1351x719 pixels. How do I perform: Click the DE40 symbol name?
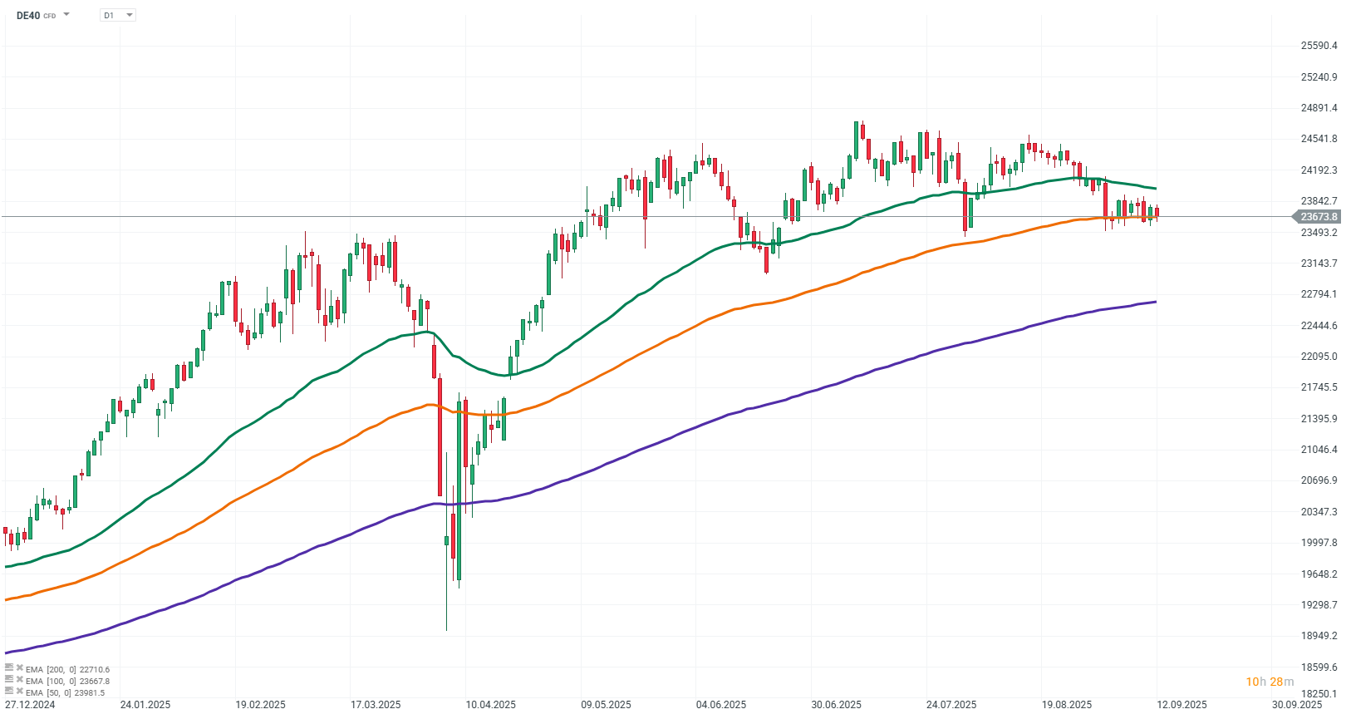point(28,15)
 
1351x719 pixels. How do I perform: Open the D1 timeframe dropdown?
point(117,15)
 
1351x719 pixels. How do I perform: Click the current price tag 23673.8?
point(1318,217)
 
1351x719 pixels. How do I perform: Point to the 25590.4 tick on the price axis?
point(1319,46)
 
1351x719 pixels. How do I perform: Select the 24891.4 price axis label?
point(1319,108)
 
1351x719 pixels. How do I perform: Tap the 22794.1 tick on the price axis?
point(1319,294)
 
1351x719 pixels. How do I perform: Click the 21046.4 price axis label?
point(1319,450)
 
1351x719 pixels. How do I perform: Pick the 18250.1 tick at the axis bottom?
point(1319,694)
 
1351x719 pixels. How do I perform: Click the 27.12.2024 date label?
point(30,705)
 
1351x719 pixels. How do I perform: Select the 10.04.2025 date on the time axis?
point(490,705)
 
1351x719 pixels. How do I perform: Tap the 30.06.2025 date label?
point(836,705)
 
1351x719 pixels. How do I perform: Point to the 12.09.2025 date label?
point(1182,705)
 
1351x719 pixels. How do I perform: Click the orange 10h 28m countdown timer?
point(1269,682)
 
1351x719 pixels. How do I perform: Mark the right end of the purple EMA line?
point(1156,302)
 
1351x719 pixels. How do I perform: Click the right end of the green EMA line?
point(1156,189)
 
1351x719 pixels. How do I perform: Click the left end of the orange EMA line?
point(7,599)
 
